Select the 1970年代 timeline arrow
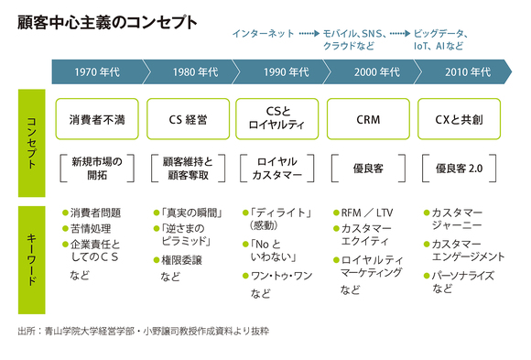click(98, 71)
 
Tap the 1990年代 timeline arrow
click(278, 71)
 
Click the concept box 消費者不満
click(97, 118)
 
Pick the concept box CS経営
click(188, 118)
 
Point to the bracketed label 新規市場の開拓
click(97, 167)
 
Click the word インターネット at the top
click(264, 33)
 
